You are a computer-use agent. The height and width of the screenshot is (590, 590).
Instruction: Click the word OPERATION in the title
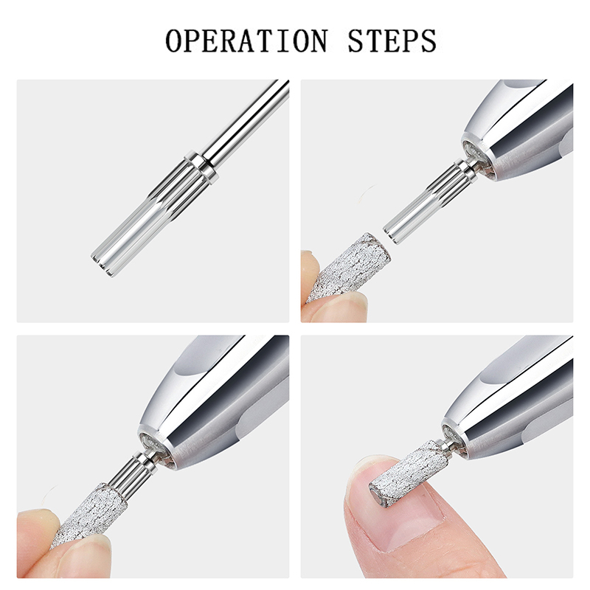tap(246, 41)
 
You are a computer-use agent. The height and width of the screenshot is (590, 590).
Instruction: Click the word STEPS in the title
tap(392, 41)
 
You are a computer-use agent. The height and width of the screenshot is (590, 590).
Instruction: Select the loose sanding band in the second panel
tap(348, 266)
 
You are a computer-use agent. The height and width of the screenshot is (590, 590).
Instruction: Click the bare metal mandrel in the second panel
tap(430, 201)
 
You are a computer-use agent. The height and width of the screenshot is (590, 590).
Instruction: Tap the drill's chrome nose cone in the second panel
tap(519, 132)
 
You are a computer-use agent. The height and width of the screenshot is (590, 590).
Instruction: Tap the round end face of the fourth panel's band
tap(377, 496)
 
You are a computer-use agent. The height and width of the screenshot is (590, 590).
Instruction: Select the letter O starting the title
tap(176, 41)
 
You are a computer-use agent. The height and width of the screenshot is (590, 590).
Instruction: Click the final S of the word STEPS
tap(427, 41)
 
